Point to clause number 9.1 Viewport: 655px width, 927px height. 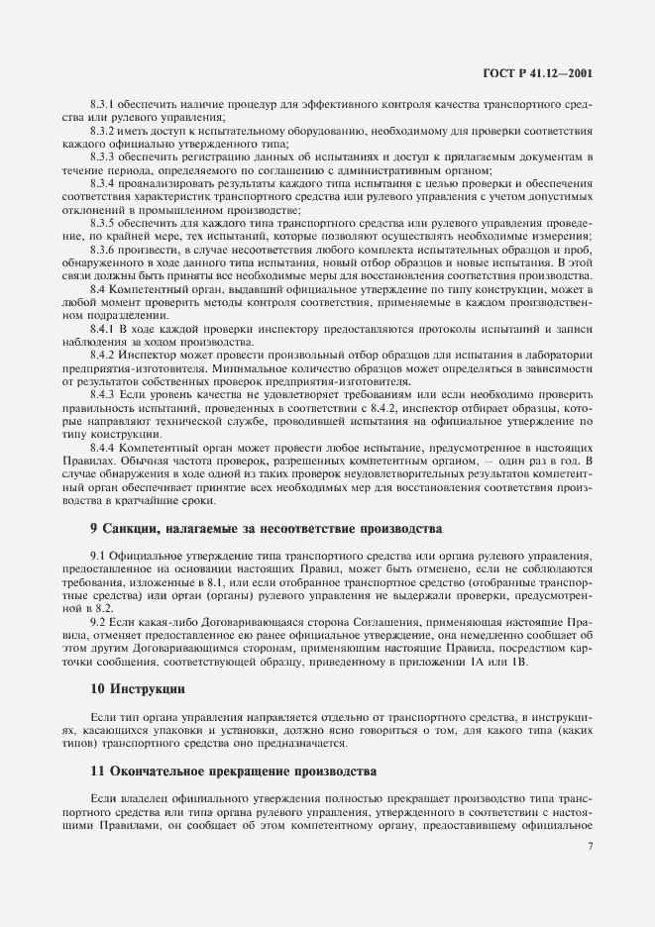98,557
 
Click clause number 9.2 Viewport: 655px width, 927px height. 98,622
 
